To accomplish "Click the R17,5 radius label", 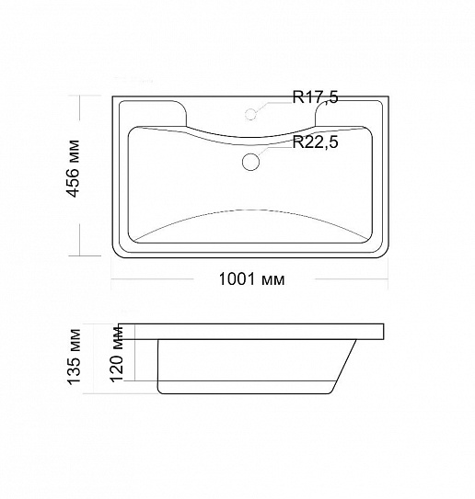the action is click(315, 97).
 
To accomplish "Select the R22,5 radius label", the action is click(315, 142).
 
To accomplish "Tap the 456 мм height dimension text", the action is click(73, 168).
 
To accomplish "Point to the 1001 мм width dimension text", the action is click(251, 279).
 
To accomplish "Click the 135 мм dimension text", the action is click(74, 357).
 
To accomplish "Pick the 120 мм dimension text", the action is click(116, 354).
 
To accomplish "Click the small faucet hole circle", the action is click(251, 114).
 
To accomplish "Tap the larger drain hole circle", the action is click(251, 162).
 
